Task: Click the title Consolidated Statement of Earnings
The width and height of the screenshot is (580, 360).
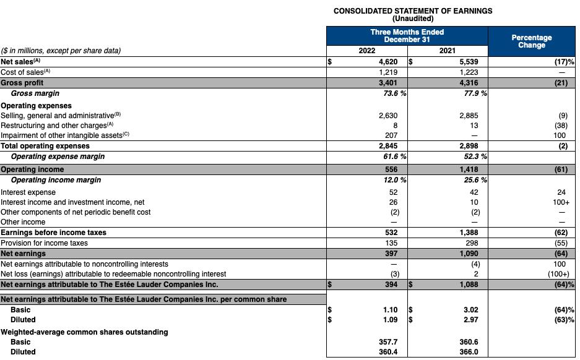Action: pos(413,11)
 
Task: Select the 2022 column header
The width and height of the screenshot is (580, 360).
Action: pos(367,51)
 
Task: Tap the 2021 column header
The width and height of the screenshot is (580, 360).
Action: pos(448,51)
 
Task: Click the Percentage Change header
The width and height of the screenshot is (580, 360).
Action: pos(532,41)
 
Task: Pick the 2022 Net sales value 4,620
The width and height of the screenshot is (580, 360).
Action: pos(388,62)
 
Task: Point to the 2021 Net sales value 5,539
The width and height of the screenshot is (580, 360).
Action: pos(469,62)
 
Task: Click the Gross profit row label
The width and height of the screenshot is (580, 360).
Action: pos(22,83)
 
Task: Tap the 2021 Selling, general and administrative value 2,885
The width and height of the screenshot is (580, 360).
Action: pos(469,116)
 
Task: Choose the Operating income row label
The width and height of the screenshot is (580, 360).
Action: pos(32,169)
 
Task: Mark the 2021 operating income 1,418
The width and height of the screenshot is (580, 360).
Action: pos(469,169)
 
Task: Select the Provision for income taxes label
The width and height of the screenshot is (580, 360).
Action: pos(45,243)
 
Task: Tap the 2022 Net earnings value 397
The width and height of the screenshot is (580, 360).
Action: pos(391,254)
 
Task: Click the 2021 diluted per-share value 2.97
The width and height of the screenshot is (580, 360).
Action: pos(472,320)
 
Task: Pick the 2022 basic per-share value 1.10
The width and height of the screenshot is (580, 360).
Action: pos(390,310)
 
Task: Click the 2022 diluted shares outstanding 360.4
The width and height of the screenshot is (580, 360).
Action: pos(388,352)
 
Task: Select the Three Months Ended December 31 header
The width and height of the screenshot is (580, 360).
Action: pos(407,35)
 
